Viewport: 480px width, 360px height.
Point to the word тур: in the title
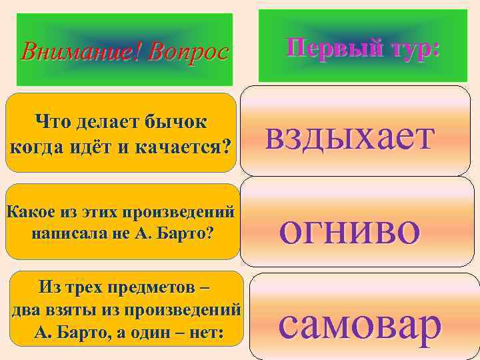tap(409, 48)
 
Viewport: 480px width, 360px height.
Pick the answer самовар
tap(360, 324)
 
